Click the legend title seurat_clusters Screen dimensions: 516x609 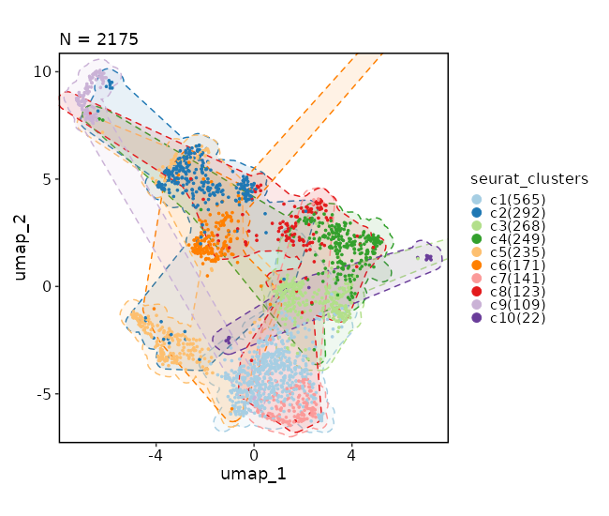(x=530, y=179)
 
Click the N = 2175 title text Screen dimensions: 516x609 (x=98, y=39)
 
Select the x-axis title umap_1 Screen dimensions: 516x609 (x=253, y=475)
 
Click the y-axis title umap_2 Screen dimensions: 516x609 (x=21, y=248)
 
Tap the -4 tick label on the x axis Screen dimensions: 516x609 (x=156, y=455)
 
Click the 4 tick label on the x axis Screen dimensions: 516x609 (x=351, y=455)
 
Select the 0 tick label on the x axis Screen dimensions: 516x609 (x=254, y=455)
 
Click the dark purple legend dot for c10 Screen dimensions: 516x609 (x=476, y=318)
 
